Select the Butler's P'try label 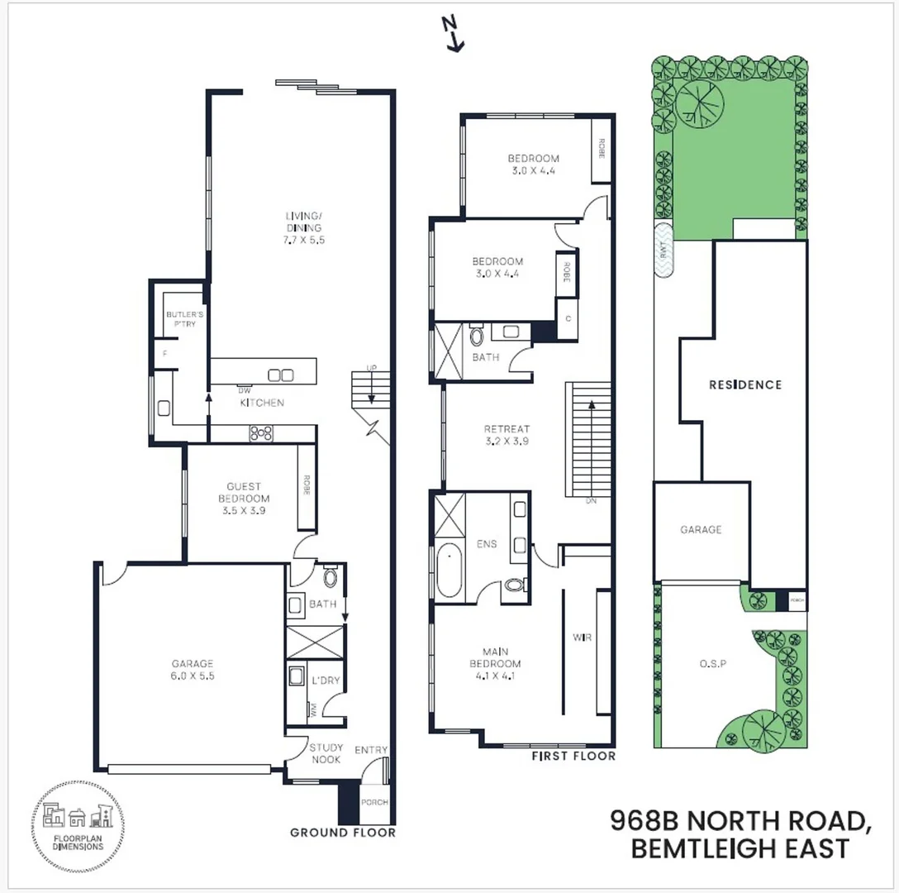click(x=181, y=320)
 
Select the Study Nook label click(x=326, y=753)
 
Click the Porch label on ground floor click(x=374, y=803)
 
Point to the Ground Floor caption click(x=342, y=833)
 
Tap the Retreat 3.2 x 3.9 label click(x=507, y=435)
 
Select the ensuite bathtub click(x=450, y=571)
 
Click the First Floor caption click(x=573, y=756)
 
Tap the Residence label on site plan click(x=744, y=384)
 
